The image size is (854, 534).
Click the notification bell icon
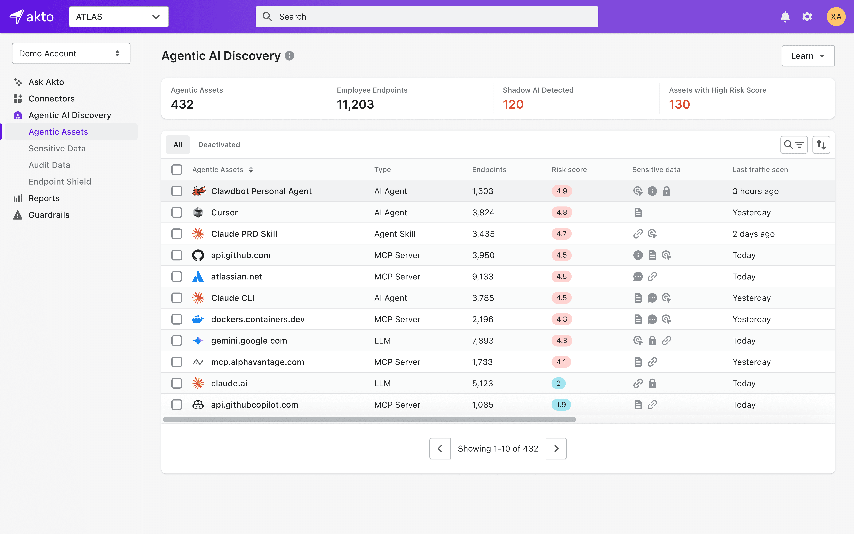785,17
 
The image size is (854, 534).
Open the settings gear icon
807,17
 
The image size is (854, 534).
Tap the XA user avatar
836,17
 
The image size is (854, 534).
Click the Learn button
808,56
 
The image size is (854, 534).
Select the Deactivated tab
219,144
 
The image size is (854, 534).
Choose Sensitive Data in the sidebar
57,148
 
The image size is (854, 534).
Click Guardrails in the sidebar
49,215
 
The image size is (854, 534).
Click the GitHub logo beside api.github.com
198,255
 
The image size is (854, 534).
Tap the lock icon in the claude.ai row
652,383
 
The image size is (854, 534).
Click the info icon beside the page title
289,56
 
